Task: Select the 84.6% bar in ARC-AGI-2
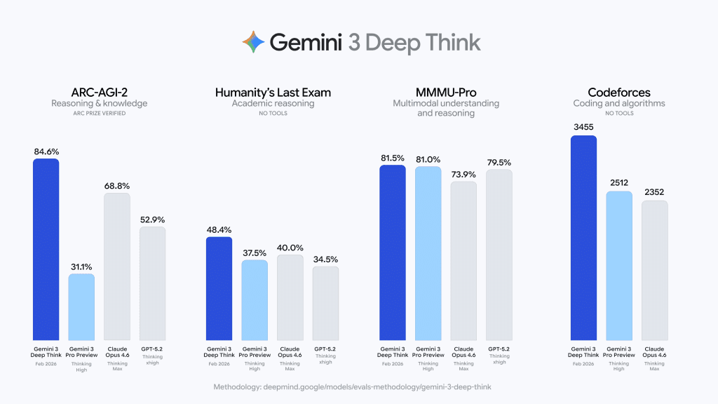click(46, 249)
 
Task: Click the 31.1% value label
click(81, 265)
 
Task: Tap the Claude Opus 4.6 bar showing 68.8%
click(117, 267)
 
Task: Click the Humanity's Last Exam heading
click(273, 93)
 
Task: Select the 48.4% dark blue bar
click(219, 288)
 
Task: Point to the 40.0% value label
click(290, 247)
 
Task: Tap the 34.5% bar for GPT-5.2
click(325, 303)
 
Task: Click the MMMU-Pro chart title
click(445, 93)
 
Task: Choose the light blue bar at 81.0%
click(428, 253)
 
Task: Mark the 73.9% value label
click(463, 174)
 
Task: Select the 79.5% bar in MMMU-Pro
click(499, 255)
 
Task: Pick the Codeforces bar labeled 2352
click(654, 270)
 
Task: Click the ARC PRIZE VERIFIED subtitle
click(99, 113)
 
